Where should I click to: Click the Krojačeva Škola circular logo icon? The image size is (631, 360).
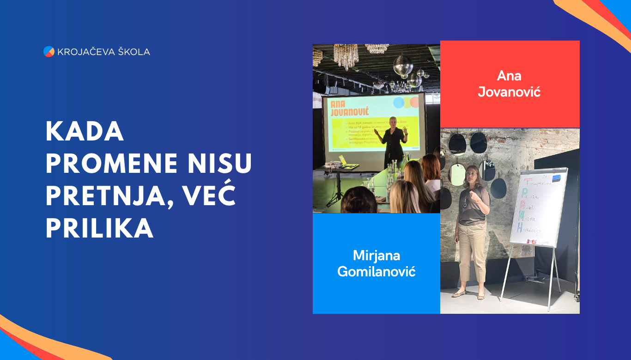pyautogui.click(x=49, y=52)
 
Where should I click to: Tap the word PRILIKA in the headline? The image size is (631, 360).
pyautogui.click(x=99, y=228)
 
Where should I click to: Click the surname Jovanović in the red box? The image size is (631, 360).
pyautogui.click(x=509, y=92)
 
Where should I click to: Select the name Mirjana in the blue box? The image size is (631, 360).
pyautogui.click(x=376, y=255)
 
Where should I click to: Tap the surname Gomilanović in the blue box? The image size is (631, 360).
pyautogui.click(x=376, y=271)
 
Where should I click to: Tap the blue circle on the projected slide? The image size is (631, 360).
pyautogui.click(x=398, y=103)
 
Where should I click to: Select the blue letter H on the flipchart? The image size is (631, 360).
pyautogui.click(x=520, y=227)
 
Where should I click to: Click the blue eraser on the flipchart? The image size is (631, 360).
pyautogui.click(x=556, y=177)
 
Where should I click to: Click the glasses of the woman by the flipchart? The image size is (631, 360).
pyautogui.click(x=472, y=174)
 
